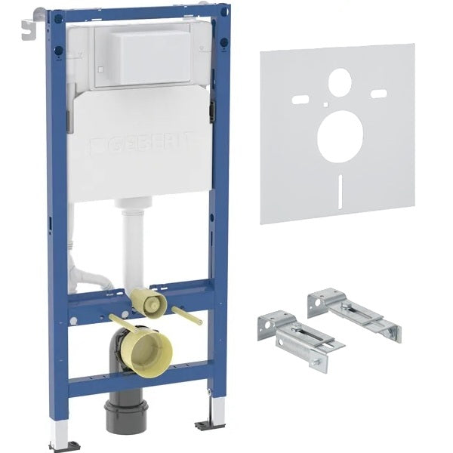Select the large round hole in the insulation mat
pyautogui.click(x=340, y=136)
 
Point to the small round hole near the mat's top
pyautogui.click(x=340, y=82)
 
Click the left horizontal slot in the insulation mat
pyautogui.click(x=300, y=98)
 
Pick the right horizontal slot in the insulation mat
pyautogui.click(x=379, y=94)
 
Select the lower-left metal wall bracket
pyautogui.click(x=299, y=335)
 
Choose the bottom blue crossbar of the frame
pyautogui.click(x=140, y=377)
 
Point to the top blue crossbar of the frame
pyautogui.click(x=136, y=14)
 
